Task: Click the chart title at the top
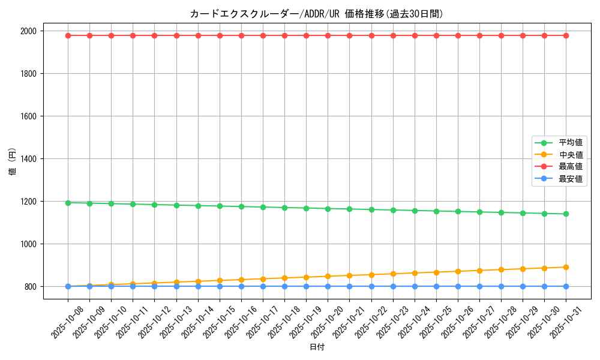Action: pyautogui.click(x=316, y=14)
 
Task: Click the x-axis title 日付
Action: pyautogui.click(x=317, y=347)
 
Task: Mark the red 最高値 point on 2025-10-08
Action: pyautogui.click(x=68, y=35)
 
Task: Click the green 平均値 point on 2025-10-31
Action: pyautogui.click(x=566, y=214)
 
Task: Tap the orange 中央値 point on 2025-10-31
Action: pyautogui.click(x=566, y=267)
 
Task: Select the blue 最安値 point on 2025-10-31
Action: pyautogui.click(x=566, y=286)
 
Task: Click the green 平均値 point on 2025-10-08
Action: pyautogui.click(x=68, y=203)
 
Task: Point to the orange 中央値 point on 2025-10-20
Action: pyautogui.click(x=328, y=276)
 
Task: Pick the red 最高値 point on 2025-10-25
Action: pyautogui.click(x=436, y=35)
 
